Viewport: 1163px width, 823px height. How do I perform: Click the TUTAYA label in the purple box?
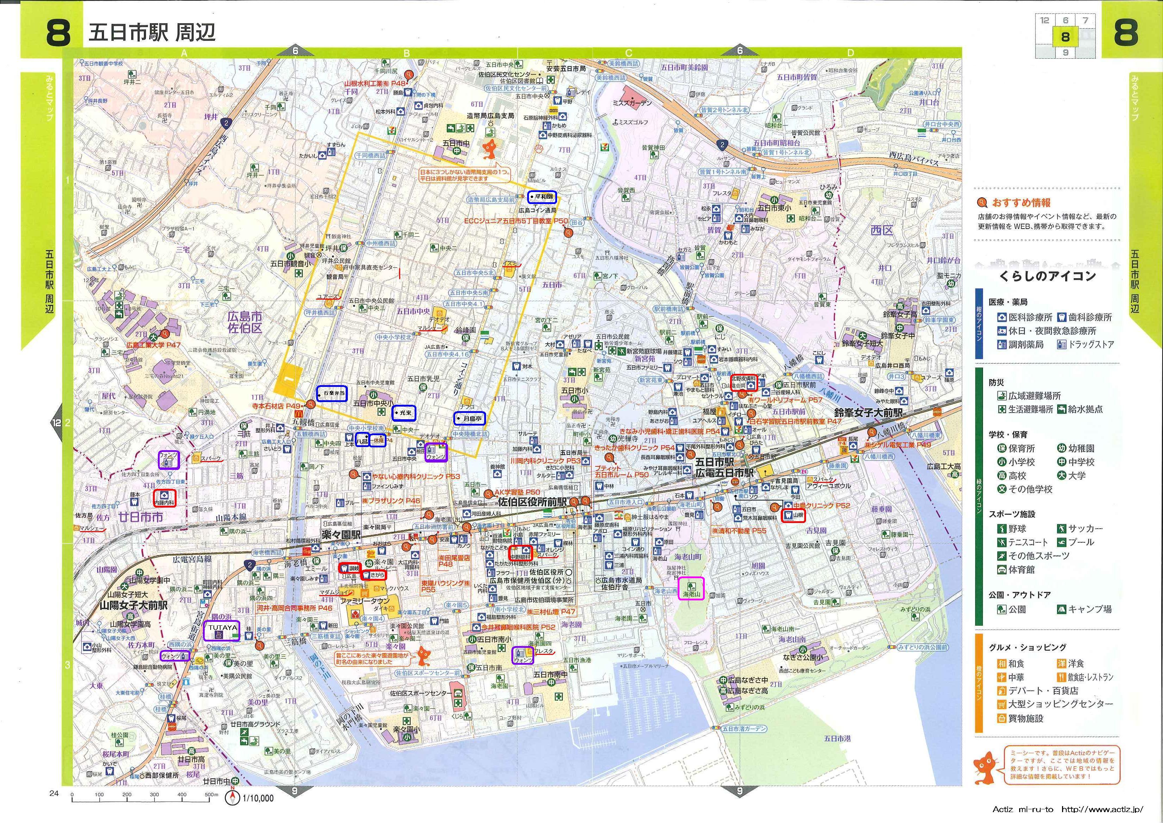point(221,628)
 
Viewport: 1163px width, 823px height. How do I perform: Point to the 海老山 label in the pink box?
point(691,593)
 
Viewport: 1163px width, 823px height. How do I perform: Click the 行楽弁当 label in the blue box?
point(332,393)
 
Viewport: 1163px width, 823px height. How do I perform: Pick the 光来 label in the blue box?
point(405,413)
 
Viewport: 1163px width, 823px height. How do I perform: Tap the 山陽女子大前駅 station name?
point(134,606)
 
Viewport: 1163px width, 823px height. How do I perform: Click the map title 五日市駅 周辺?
point(152,32)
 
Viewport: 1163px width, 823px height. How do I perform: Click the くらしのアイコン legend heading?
point(1047,276)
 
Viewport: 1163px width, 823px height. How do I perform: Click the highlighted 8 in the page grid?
point(1065,37)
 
